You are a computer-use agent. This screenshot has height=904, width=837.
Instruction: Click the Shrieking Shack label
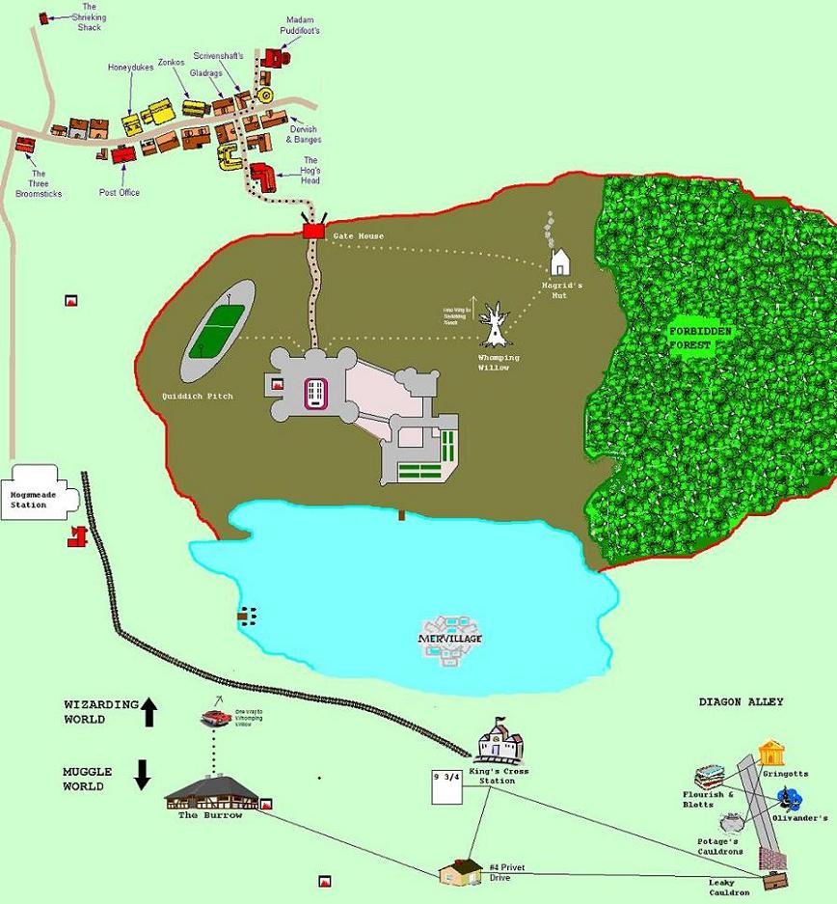[89, 17]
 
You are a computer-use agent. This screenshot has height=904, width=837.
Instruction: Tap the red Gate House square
[312, 232]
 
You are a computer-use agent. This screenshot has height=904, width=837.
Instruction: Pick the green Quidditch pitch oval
[218, 330]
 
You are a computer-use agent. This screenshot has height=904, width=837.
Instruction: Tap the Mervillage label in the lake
[449, 640]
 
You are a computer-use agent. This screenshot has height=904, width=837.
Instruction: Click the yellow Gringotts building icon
[770, 753]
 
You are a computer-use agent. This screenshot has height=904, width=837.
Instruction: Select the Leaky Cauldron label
[728, 887]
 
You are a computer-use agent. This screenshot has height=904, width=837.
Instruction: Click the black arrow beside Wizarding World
[148, 713]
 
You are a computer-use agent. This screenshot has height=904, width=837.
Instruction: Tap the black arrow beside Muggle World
[143, 774]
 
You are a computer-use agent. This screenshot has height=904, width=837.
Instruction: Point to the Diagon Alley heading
[741, 702]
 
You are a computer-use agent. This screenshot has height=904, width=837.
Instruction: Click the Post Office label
[120, 193]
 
